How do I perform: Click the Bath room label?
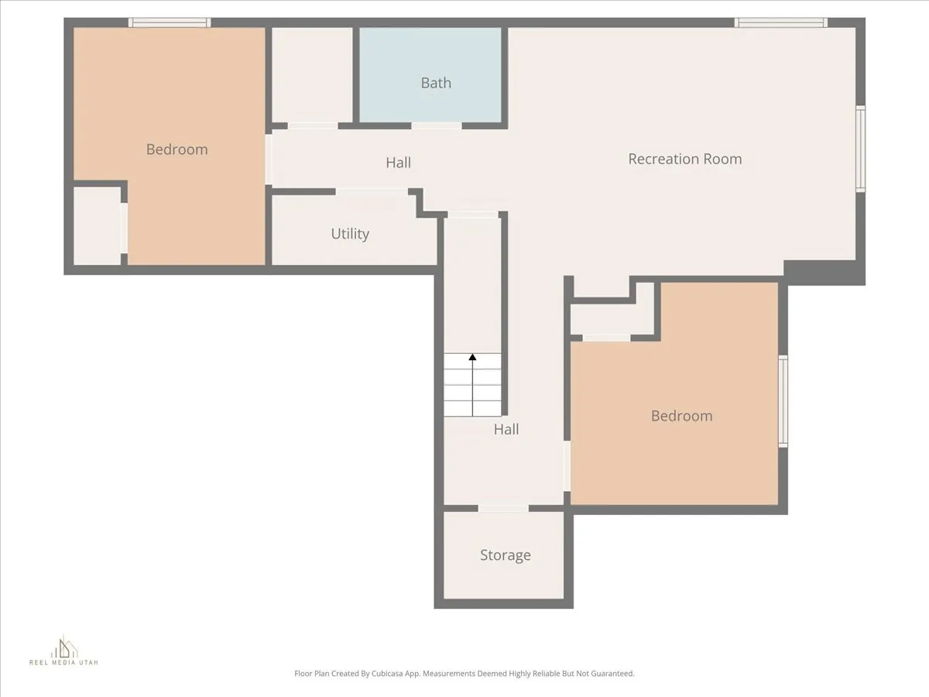tap(436, 83)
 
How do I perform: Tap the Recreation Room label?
tap(684, 159)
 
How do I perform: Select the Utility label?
tap(350, 234)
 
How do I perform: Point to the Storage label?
tap(505, 555)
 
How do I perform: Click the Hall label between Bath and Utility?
tap(399, 163)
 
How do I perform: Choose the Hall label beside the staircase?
tap(506, 429)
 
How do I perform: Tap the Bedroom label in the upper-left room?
tap(177, 149)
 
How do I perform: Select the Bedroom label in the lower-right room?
tap(681, 416)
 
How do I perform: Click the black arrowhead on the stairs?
tap(472, 357)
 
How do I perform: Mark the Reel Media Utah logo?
tap(63, 651)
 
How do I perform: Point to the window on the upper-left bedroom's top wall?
tap(170, 22)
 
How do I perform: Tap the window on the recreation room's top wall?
tap(780, 22)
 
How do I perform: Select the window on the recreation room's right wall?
tap(860, 149)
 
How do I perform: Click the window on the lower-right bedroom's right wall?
tap(783, 400)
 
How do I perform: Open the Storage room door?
tap(503, 509)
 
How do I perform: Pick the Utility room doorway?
tap(372, 191)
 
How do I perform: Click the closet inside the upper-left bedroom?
tap(97, 225)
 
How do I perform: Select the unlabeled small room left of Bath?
tap(311, 74)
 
